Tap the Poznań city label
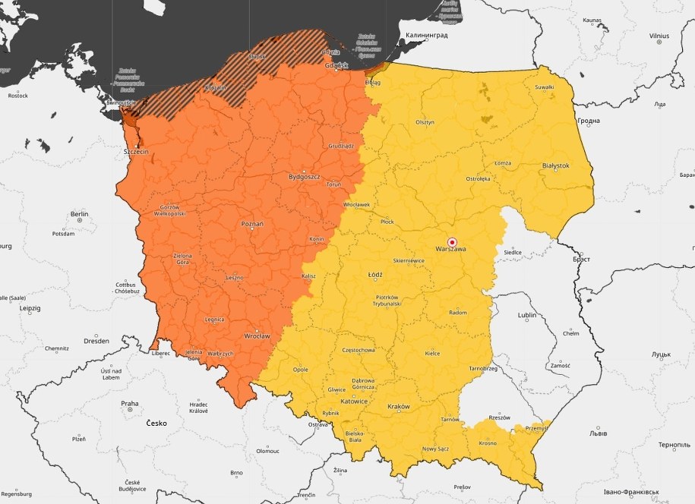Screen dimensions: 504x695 coord(251,225)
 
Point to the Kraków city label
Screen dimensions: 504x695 coord(398,407)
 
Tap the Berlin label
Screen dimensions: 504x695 coord(79,215)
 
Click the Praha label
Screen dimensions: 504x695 coord(129,404)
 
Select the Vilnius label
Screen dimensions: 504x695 coord(659,36)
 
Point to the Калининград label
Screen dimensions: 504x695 coord(426,35)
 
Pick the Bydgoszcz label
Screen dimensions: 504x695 coord(304,177)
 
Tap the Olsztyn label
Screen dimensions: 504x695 coord(425,121)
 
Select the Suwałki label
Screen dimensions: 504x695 coord(544,87)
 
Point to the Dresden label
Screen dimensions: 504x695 coord(96,341)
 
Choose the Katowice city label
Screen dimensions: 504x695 coord(354,401)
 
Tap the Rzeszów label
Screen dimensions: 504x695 coord(499,417)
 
